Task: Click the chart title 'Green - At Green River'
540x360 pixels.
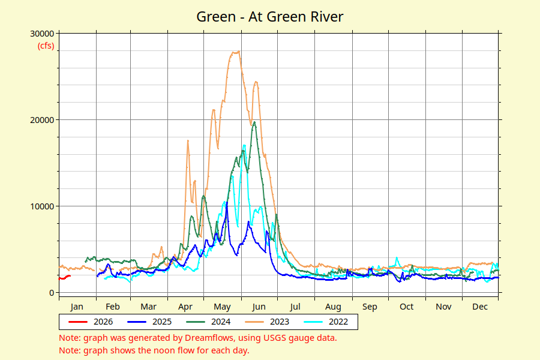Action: coord(270,16)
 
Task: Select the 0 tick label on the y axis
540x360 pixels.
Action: coord(52,293)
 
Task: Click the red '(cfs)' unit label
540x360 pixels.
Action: coord(46,45)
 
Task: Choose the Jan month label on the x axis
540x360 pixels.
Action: coord(77,307)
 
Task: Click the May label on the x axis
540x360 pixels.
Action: coord(223,307)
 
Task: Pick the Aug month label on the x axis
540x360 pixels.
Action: coord(333,307)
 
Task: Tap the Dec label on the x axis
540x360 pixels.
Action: coord(480,307)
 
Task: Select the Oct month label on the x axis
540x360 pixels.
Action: coord(407,307)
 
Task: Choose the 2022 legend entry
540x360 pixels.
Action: coord(338,322)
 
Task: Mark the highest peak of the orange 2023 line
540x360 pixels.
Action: coord(236,52)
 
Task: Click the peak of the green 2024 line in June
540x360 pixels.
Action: coord(254,122)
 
